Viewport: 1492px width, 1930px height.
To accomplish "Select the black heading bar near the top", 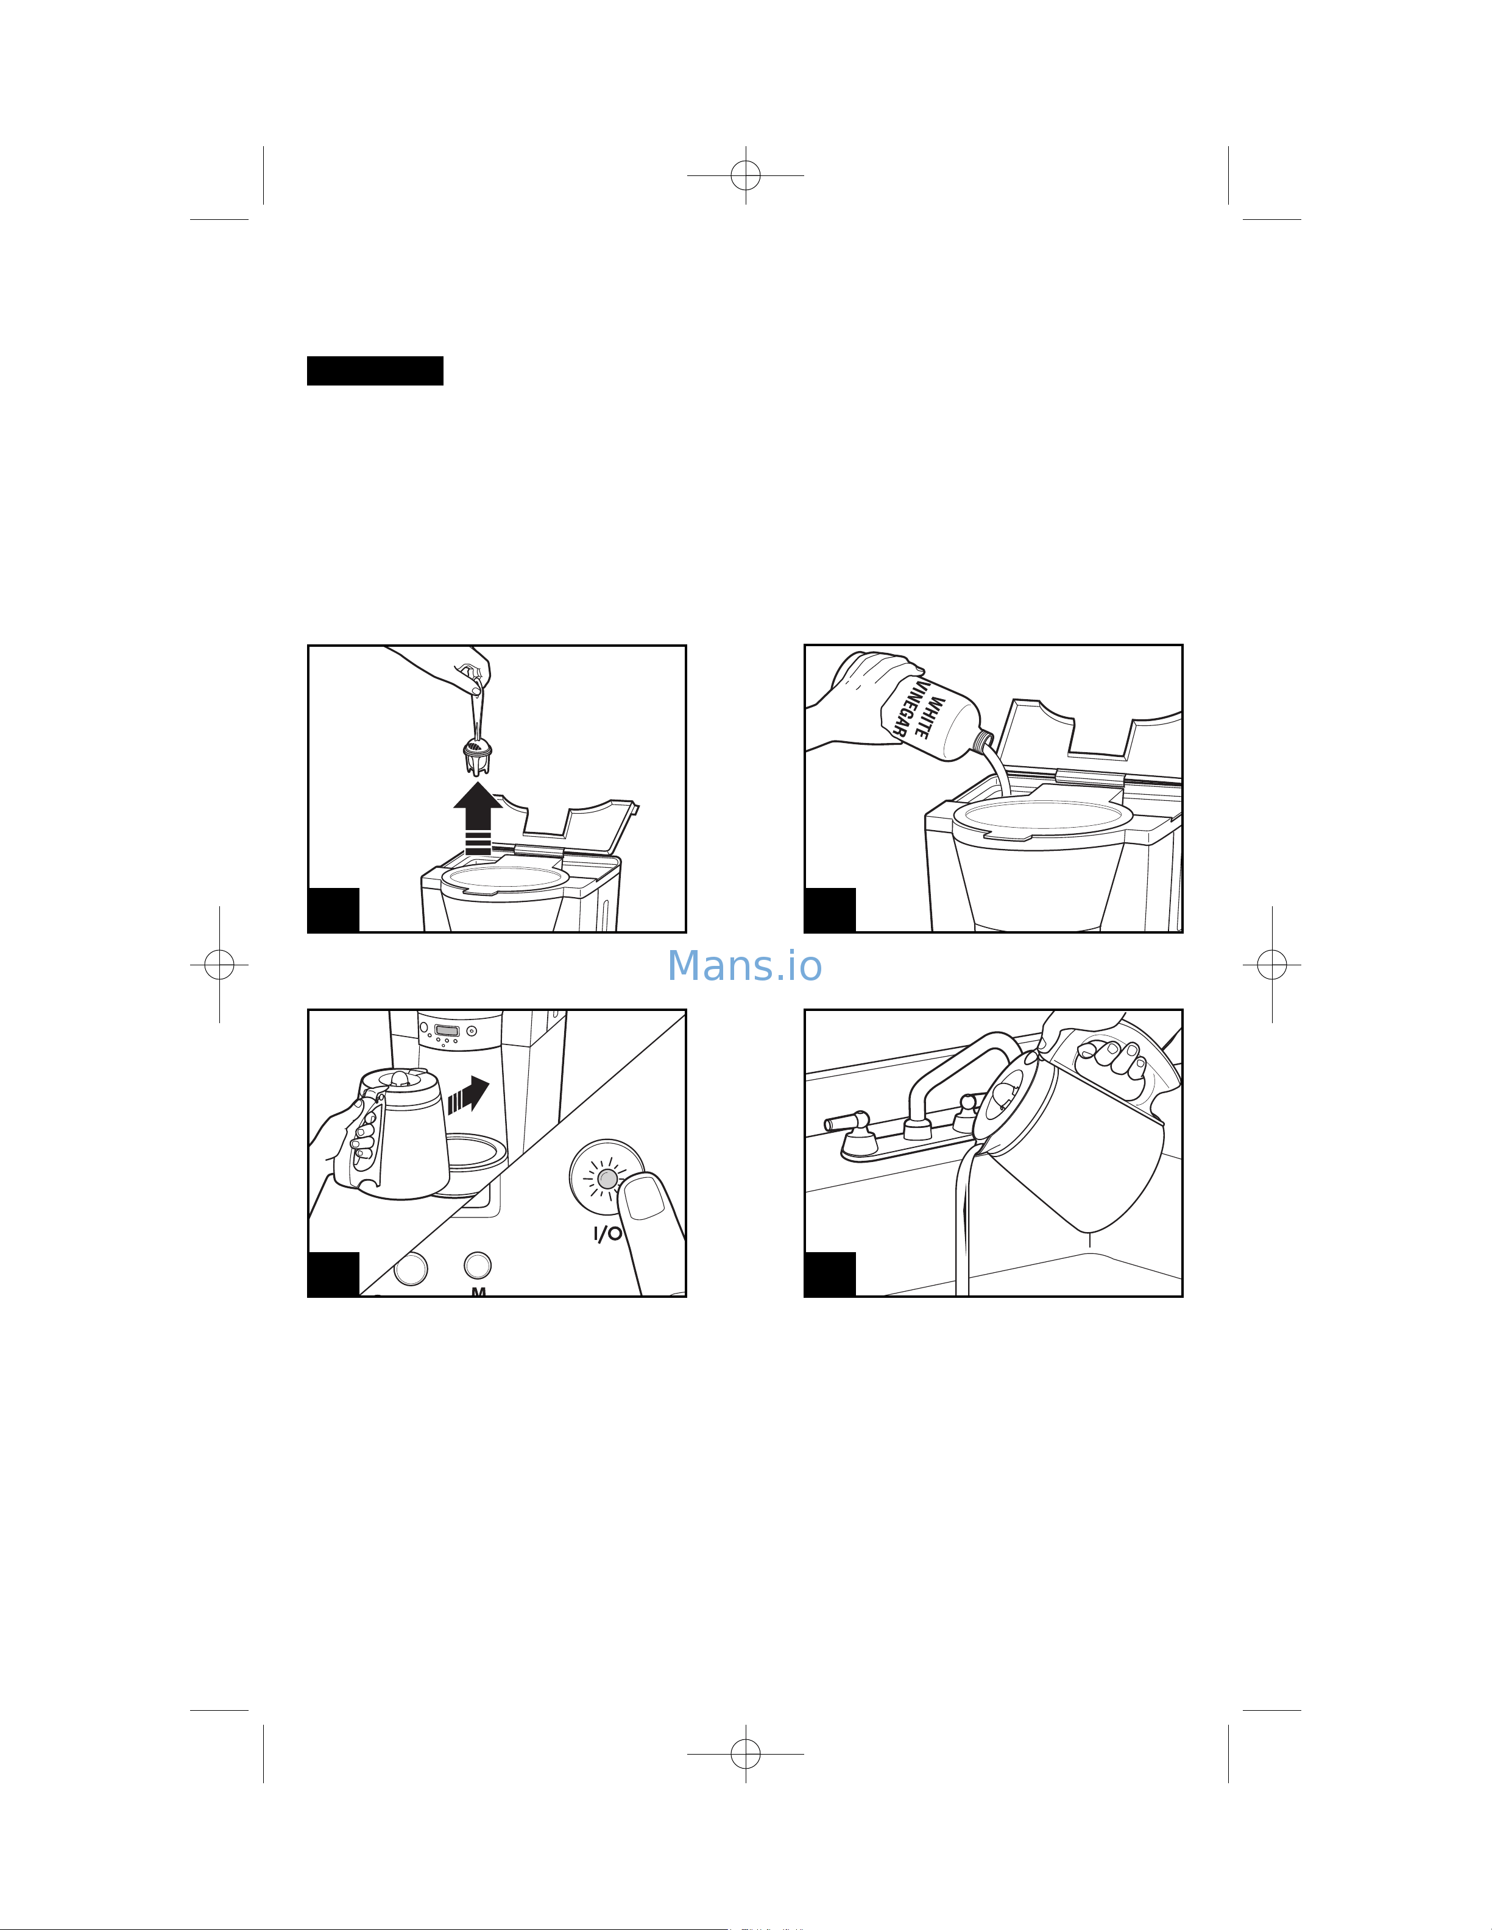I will (x=375, y=371).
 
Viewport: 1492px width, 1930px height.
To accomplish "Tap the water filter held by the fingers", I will (x=477, y=756).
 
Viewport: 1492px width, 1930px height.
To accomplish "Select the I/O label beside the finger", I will (x=607, y=1234).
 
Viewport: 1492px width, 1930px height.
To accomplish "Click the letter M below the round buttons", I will (x=478, y=1292).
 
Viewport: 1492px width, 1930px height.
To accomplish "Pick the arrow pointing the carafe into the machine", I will (x=469, y=1096).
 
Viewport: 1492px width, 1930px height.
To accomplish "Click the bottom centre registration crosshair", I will (x=745, y=1753).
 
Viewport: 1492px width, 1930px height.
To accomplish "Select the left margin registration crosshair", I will (x=219, y=965).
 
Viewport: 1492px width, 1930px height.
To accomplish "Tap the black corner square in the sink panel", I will (x=830, y=1273).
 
